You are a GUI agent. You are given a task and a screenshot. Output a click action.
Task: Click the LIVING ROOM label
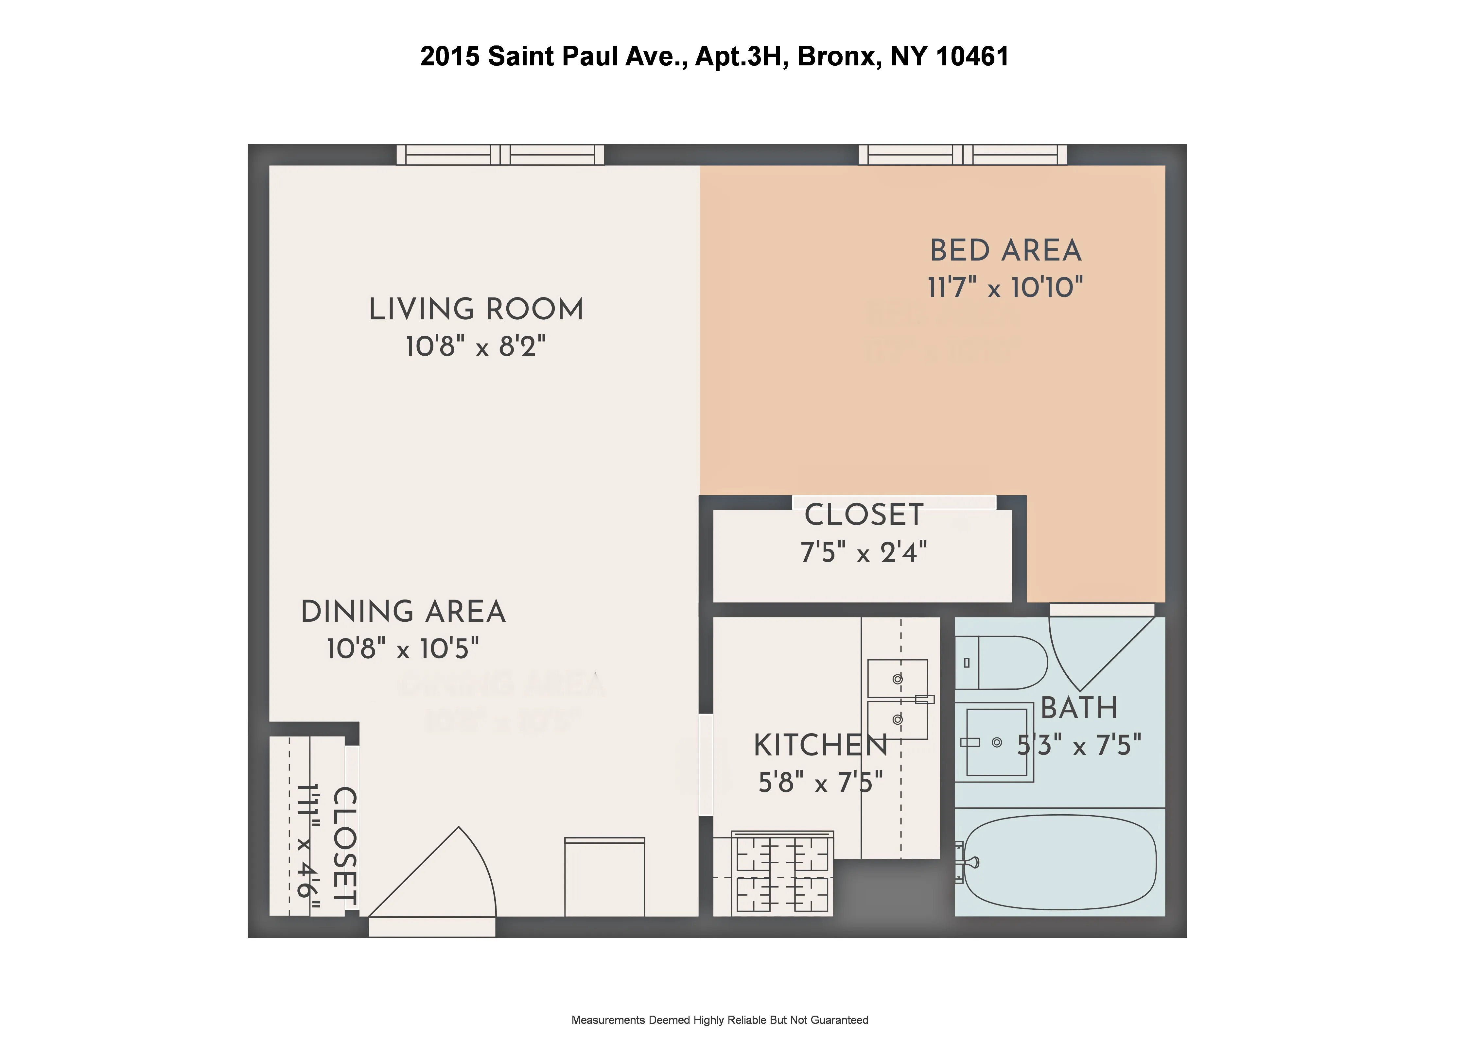476,310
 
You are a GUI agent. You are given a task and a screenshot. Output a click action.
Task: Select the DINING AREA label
403,612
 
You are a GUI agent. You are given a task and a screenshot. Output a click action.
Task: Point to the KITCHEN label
820,746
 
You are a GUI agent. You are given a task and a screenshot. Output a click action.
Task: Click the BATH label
1079,708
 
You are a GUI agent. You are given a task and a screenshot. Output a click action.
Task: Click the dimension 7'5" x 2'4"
864,552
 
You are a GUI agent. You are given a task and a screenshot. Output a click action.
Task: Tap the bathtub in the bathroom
1059,862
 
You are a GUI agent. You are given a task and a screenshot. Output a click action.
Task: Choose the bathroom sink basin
996,742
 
